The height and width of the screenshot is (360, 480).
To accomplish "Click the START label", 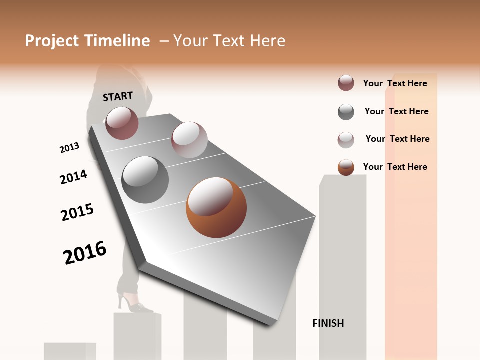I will click(x=118, y=96).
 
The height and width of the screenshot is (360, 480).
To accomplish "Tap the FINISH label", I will click(x=328, y=323).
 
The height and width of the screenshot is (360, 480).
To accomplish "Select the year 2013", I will click(x=69, y=148).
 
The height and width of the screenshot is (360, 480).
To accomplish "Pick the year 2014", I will click(x=73, y=177).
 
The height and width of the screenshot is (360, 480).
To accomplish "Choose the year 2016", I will click(x=85, y=252).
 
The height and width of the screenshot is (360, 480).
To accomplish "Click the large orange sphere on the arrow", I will click(x=216, y=207).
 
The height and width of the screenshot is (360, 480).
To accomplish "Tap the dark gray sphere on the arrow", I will click(x=145, y=180).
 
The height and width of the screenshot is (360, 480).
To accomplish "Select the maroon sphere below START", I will click(x=122, y=123).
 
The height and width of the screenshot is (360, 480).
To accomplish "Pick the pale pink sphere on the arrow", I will click(x=189, y=140).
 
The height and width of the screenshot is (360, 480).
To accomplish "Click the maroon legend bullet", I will click(x=346, y=83).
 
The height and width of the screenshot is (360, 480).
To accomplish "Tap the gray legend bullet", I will click(x=346, y=112).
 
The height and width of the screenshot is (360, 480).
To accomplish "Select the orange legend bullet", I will click(x=346, y=167).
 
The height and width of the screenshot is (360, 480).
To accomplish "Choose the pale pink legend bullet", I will click(x=346, y=140).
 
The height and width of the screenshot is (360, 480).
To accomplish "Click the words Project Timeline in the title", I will click(x=87, y=41).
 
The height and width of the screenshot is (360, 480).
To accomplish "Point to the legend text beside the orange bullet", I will click(x=395, y=167).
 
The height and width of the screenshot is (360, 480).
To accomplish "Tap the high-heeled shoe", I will click(x=134, y=303).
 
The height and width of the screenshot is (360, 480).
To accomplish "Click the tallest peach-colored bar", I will click(x=411, y=215).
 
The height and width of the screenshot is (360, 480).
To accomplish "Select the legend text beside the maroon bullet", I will click(x=395, y=83).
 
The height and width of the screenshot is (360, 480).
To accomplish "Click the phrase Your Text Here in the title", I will click(x=229, y=41).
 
